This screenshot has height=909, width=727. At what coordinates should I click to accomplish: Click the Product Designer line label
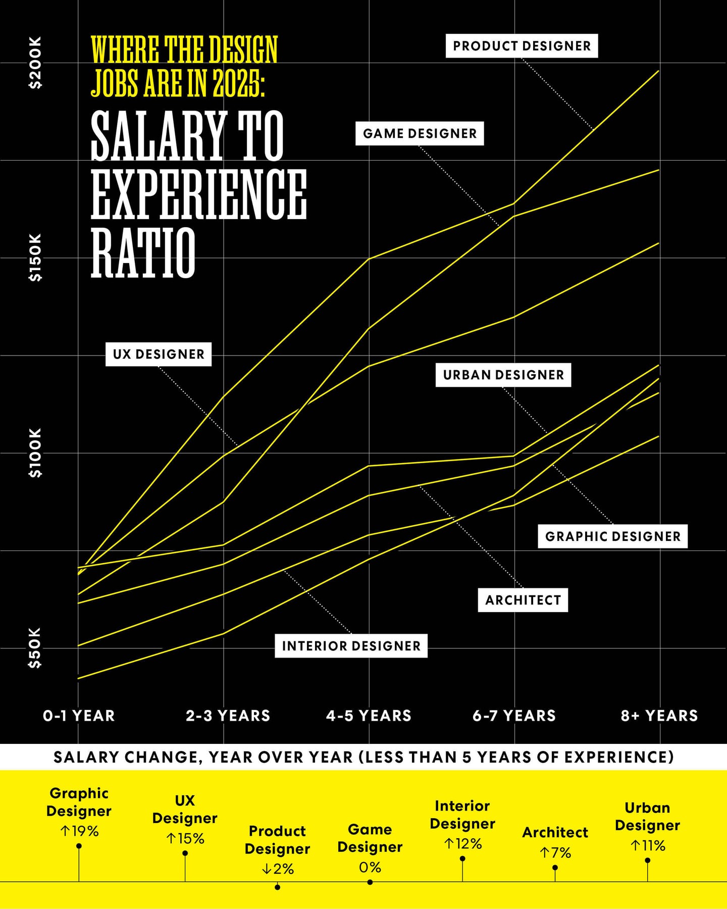[x=522, y=46]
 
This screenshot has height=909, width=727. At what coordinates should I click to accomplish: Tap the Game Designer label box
[x=420, y=133]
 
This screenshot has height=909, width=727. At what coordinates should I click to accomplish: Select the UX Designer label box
[x=159, y=354]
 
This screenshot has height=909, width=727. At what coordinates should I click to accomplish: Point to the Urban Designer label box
[x=503, y=375]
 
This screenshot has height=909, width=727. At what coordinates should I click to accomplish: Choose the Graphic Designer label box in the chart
[x=613, y=536]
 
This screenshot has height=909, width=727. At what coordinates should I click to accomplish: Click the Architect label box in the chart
[x=523, y=600]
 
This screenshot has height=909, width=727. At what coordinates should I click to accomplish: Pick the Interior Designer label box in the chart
[x=351, y=646]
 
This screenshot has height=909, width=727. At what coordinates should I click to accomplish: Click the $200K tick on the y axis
[x=35, y=63]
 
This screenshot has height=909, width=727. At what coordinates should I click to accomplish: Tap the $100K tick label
[x=35, y=453]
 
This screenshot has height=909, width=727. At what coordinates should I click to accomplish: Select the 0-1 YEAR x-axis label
[x=79, y=716]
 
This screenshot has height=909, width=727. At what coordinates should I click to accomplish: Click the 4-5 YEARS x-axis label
[x=369, y=716]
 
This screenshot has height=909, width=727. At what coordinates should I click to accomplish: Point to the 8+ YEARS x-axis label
[x=659, y=716]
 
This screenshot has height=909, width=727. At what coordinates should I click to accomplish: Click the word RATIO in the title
[x=143, y=252]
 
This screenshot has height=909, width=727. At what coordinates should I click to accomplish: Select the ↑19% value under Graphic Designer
[x=79, y=831]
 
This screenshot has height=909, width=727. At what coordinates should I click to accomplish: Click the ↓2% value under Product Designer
[x=277, y=869]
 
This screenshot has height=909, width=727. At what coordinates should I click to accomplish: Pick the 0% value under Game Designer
[x=370, y=867]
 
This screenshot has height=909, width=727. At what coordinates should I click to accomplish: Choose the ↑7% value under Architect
[x=555, y=853]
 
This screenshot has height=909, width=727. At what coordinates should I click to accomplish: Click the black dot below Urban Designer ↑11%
[x=648, y=860]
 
